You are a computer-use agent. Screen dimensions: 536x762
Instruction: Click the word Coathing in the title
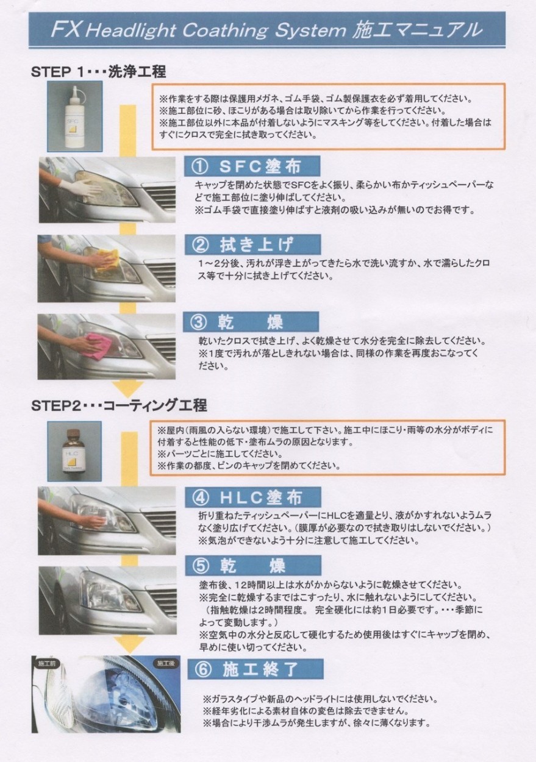click(x=225, y=30)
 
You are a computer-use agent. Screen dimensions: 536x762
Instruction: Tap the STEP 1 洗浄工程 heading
click(x=98, y=72)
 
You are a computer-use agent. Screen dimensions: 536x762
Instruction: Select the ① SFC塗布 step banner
click(x=252, y=166)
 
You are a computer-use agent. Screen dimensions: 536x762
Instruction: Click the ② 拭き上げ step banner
click(x=252, y=244)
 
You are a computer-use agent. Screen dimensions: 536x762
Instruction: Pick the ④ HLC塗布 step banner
click(x=253, y=497)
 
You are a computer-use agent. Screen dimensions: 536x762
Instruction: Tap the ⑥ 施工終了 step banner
click(x=255, y=669)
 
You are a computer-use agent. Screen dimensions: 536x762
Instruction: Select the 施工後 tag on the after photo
click(x=166, y=663)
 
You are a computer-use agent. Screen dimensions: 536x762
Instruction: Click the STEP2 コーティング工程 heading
click(x=119, y=405)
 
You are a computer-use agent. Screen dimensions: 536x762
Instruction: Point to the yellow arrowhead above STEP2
click(x=128, y=389)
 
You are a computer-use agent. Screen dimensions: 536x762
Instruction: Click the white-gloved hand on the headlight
click(x=77, y=187)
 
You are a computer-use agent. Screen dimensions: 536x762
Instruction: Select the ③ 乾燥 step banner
click(x=251, y=322)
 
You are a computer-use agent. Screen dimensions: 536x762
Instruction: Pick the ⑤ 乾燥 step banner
click(x=253, y=566)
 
